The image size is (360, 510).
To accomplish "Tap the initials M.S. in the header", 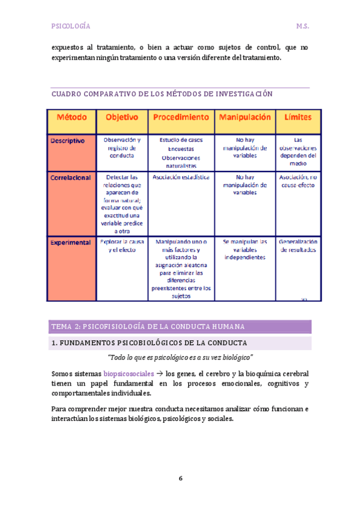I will point(302,26).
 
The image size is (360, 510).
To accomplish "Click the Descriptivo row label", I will point(67,140).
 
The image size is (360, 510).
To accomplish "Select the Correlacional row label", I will point(71,177).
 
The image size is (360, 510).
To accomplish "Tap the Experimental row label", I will point(71,242).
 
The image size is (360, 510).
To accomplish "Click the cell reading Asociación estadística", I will point(181,177).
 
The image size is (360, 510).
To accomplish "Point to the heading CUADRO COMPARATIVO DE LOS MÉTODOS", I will point(162,94).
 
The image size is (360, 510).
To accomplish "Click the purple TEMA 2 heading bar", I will point(180,327).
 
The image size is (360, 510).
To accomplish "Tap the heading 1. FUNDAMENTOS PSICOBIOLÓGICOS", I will point(150,343).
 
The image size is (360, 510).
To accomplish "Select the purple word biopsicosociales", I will point(129,373).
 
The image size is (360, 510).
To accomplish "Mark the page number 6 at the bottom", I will point(180,479).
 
